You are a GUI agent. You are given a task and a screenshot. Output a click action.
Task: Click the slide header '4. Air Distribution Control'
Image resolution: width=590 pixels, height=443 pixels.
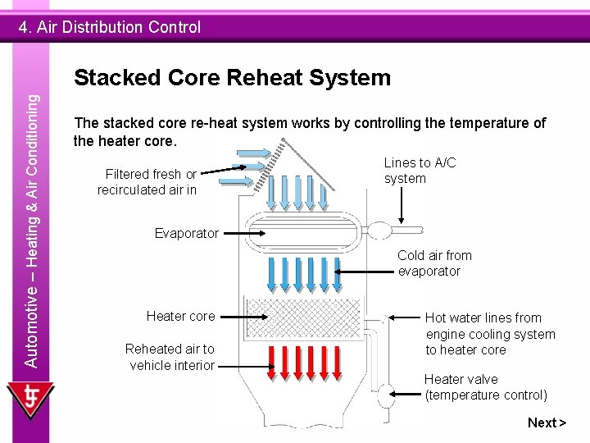click(x=111, y=27)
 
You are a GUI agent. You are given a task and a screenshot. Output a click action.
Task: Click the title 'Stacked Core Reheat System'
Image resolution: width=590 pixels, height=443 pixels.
click(x=232, y=78)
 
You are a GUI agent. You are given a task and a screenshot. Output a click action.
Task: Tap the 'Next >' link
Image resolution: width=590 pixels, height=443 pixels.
click(x=547, y=422)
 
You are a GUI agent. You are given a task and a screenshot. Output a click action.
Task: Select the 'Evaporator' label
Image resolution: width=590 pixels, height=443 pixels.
click(x=187, y=233)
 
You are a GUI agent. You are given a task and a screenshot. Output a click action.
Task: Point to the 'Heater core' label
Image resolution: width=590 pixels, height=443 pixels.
click(x=180, y=316)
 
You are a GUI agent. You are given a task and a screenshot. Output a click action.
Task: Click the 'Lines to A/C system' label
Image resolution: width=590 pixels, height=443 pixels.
click(x=420, y=171)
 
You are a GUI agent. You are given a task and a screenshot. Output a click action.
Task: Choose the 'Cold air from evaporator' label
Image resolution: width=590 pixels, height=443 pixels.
click(x=434, y=263)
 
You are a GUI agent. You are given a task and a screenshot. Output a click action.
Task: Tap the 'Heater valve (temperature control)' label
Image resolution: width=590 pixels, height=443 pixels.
click(x=485, y=387)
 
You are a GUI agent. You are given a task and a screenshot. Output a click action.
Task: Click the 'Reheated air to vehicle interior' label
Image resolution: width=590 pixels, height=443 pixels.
click(x=170, y=357)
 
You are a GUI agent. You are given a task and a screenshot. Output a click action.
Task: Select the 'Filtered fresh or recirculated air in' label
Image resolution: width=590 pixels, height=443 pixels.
click(x=147, y=181)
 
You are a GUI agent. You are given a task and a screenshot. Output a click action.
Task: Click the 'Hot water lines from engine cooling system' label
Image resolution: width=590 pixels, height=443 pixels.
click(x=490, y=333)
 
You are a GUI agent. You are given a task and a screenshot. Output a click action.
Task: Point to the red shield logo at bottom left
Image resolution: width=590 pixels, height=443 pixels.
click(x=29, y=401)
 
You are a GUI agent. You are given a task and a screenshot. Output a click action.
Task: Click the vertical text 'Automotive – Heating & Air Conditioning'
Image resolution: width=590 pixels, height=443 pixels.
click(x=30, y=230)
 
